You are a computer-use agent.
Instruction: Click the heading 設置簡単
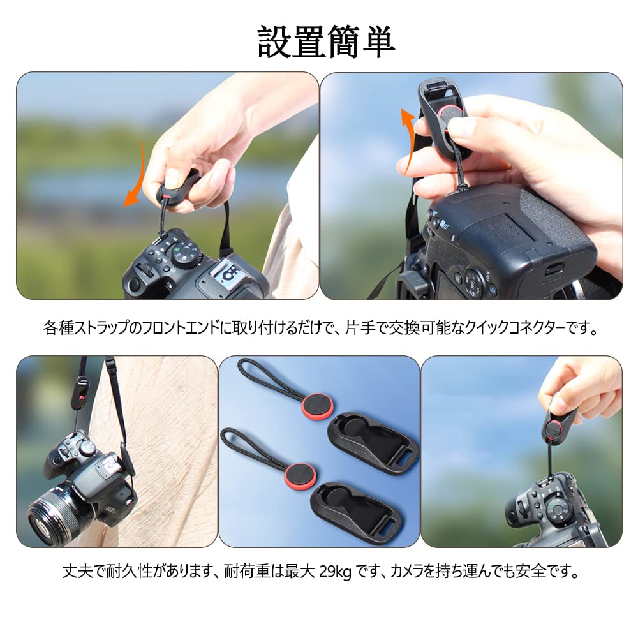click(326, 42)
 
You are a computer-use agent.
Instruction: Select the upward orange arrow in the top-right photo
click(407, 140)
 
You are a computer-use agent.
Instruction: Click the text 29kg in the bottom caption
click(335, 572)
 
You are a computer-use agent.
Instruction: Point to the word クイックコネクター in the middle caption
click(514, 327)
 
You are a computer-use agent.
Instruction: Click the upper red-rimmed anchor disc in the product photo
click(317, 405)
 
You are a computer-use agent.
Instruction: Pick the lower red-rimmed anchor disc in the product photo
click(300, 475)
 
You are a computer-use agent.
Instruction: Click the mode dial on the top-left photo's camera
click(185, 255)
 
